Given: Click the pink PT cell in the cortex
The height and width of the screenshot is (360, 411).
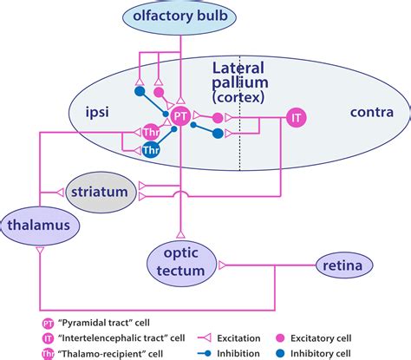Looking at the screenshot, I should (x=179, y=115).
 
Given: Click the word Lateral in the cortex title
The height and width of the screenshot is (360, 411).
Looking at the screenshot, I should (x=236, y=67).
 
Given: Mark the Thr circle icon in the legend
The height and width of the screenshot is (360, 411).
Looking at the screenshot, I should (x=48, y=350).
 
